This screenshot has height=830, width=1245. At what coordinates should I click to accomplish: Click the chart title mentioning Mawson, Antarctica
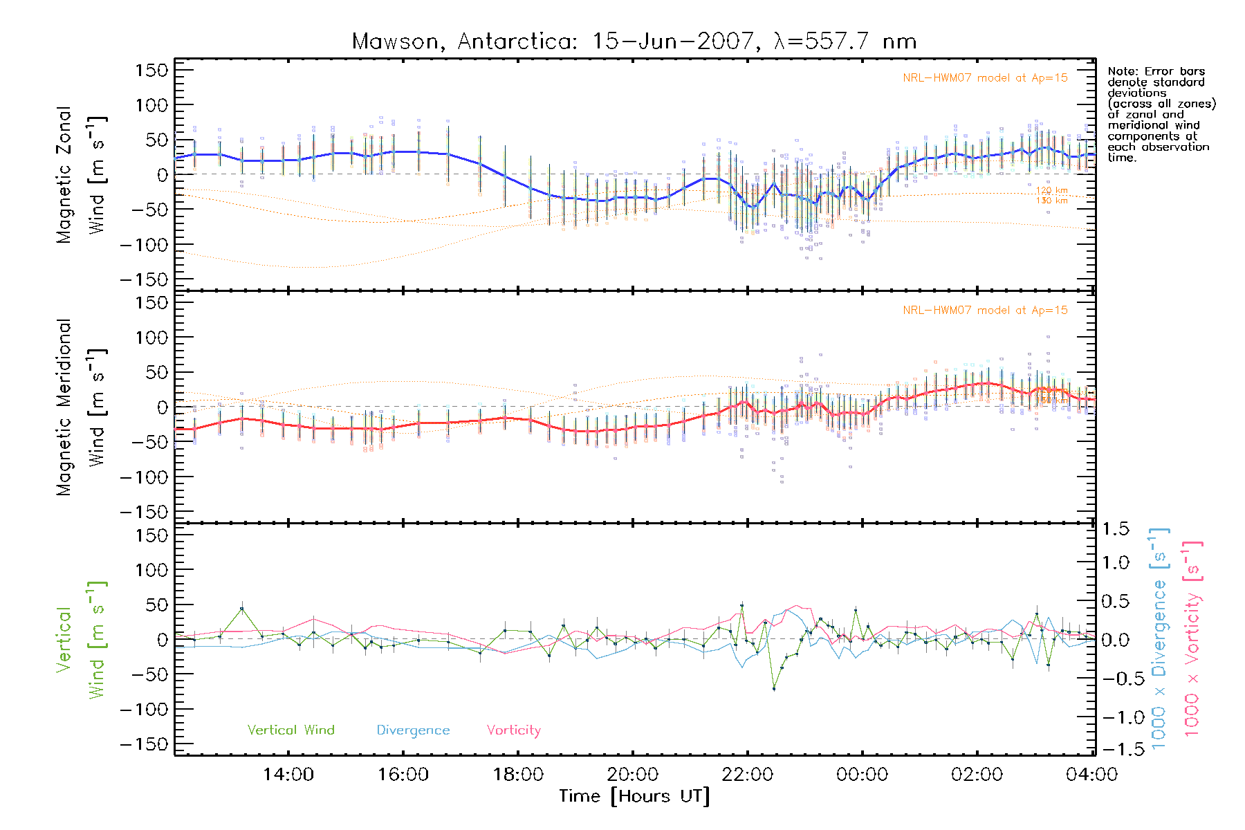(x=634, y=41)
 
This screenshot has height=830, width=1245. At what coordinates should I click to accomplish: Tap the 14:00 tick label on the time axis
(x=288, y=775)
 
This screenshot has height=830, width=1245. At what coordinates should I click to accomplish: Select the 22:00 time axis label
(x=747, y=775)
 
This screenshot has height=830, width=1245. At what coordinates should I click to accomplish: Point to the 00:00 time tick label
(x=862, y=775)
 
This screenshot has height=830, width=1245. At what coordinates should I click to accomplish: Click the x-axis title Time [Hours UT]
(x=634, y=797)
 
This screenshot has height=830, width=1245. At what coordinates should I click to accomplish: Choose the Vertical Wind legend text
(x=290, y=730)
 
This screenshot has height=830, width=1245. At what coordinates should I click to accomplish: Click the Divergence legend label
(x=413, y=730)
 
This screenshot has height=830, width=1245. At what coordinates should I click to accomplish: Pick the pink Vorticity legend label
(x=513, y=730)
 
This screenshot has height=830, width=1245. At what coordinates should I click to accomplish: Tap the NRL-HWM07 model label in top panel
(x=985, y=78)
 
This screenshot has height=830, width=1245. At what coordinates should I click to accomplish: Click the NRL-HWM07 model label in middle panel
(x=985, y=311)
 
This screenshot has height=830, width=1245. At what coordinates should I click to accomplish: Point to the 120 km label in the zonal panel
(x=1051, y=190)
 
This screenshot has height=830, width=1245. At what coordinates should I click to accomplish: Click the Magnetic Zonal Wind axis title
(x=82, y=175)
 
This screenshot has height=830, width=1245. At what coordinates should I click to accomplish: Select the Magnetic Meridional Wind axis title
(x=82, y=407)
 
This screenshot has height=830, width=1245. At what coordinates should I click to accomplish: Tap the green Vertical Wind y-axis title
(x=82, y=640)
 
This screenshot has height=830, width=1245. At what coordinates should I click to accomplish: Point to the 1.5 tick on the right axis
(x=1116, y=529)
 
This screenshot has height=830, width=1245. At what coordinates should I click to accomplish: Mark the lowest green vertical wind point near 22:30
(x=774, y=689)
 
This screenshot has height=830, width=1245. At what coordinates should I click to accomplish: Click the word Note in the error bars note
(x=1121, y=71)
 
